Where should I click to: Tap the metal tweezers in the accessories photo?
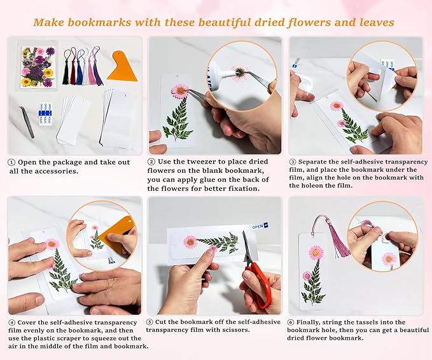(x=28, y=121)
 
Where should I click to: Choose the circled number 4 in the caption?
(x=11, y=322)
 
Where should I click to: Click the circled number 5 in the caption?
(x=150, y=322)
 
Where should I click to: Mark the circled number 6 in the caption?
(x=293, y=322)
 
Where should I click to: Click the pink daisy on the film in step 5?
(x=190, y=242)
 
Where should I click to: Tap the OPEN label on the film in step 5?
(x=258, y=226)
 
